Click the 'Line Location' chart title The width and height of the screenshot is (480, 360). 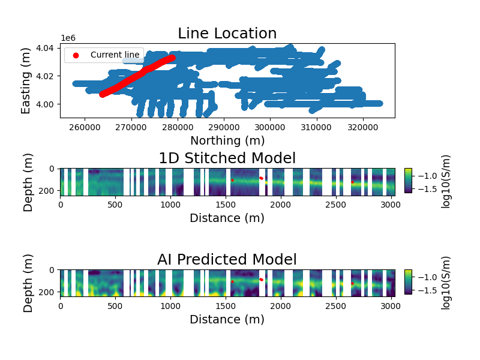click(227, 34)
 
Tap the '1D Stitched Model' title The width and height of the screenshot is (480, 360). click(227, 158)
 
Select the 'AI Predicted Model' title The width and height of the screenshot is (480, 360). click(227, 260)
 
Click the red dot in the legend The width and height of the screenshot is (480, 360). click(76, 55)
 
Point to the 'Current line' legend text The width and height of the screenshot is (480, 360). click(115, 55)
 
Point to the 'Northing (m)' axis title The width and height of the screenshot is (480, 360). click(227, 141)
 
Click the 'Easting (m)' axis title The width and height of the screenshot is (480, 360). click(26, 80)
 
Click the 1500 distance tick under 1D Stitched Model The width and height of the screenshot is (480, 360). click(226, 205)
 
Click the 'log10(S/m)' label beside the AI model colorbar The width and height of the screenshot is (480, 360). click(446, 283)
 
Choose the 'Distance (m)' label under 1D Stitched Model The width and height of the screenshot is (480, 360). click(227, 218)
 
